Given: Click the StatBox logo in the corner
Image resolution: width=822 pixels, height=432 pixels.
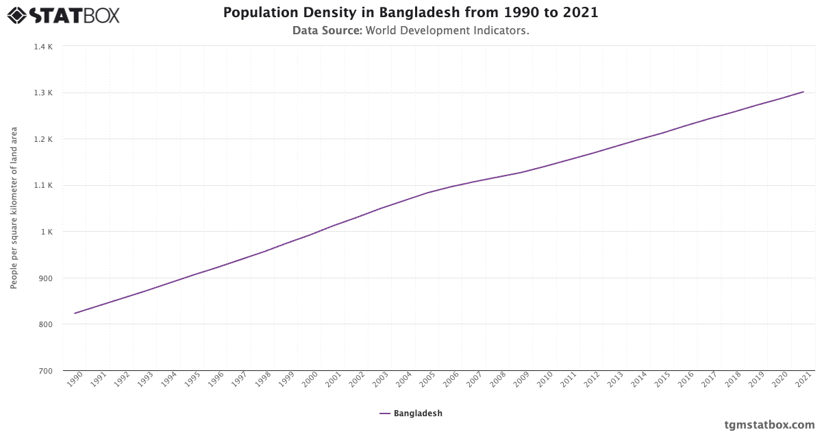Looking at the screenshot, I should point(64,15).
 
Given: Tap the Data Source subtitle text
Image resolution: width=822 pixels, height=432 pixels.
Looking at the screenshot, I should point(410,31).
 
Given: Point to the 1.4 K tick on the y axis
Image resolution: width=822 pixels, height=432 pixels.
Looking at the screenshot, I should point(43,47).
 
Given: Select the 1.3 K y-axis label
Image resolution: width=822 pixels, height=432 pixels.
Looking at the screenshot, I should point(43,93).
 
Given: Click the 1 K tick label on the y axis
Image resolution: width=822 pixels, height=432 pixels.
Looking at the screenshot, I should point(46,232).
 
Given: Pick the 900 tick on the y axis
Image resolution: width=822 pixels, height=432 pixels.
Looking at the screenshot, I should point(45,278).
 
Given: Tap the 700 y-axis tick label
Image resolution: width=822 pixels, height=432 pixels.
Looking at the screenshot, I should point(45,371).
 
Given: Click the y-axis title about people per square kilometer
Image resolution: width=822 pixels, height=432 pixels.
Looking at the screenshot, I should point(14,208).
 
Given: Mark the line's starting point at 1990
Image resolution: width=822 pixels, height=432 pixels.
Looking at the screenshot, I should point(75,313).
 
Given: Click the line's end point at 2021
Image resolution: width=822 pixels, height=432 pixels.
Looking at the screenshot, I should point(804,92).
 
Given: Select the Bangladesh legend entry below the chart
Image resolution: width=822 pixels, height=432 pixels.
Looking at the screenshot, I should point(411,413).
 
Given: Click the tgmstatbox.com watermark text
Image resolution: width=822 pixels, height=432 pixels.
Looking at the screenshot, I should point(770,424).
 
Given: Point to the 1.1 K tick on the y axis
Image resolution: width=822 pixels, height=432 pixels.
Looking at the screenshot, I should point(43,186).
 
